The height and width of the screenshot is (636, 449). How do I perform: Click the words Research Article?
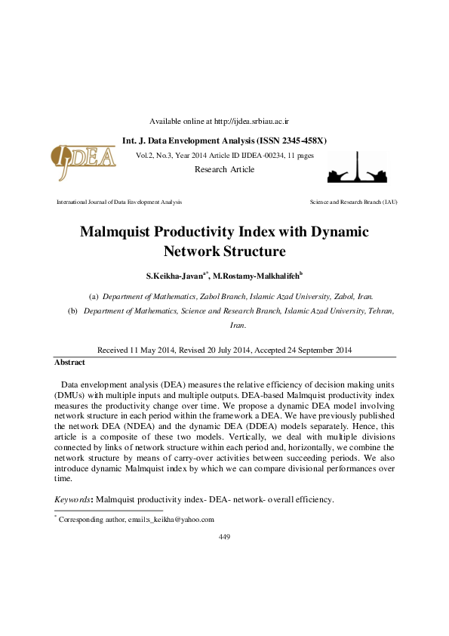(224, 169)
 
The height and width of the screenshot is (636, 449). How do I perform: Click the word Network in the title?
(197, 251)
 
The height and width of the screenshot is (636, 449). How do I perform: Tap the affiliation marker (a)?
(94, 298)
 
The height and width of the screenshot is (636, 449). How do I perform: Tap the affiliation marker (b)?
(73, 310)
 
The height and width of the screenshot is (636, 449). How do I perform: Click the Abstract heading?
(69, 362)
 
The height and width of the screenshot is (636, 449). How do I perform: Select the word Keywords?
(72, 499)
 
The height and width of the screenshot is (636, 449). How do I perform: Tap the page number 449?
(224, 536)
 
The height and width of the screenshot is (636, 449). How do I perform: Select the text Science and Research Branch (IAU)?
(353, 202)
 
